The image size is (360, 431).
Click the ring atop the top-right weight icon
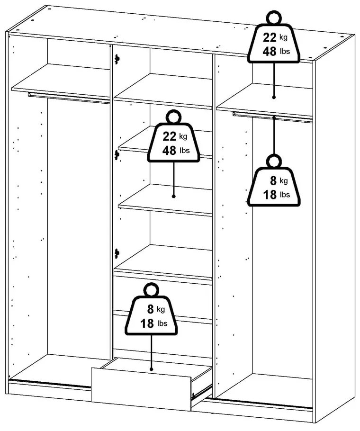coord(274,18)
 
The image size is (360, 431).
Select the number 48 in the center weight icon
coord(169,150)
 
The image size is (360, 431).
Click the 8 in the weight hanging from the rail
coord(272,180)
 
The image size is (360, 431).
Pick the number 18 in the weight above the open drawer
coord(147,323)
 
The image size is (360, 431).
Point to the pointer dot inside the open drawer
coord(151,369)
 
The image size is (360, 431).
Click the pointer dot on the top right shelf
coord(274,97)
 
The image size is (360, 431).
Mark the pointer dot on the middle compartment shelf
coord(174,196)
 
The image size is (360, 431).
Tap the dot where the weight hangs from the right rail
coord(274,115)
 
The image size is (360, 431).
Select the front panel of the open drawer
coord(141,385)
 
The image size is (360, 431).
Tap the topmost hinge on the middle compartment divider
coord(117,59)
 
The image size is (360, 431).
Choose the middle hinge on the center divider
coord(117,154)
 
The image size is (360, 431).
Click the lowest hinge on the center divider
coord(117,253)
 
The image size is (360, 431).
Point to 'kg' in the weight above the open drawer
coord(161,310)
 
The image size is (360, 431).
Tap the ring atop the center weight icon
coord(174,117)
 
